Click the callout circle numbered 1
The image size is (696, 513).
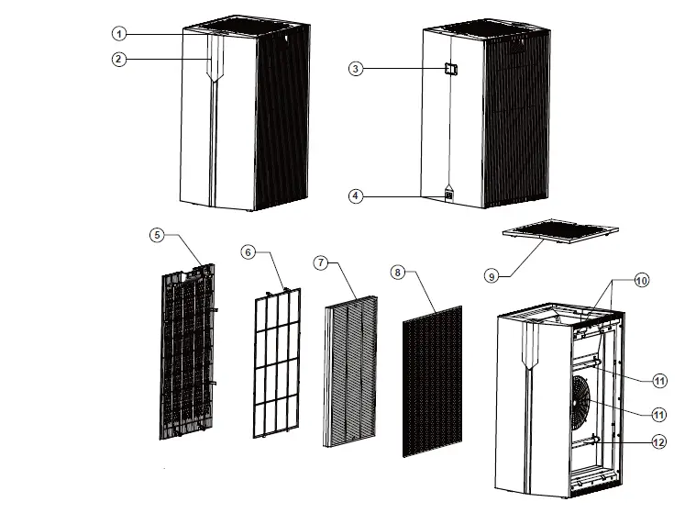[x=118, y=33]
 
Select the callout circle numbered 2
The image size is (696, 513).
[x=118, y=60]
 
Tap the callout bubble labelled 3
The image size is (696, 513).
[x=355, y=69]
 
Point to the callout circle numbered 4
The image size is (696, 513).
[x=355, y=195]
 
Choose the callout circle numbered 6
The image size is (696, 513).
[x=248, y=251]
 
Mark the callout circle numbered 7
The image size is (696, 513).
[x=320, y=262]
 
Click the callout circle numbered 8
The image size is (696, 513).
[x=397, y=273]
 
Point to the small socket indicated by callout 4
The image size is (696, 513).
[x=449, y=195]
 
